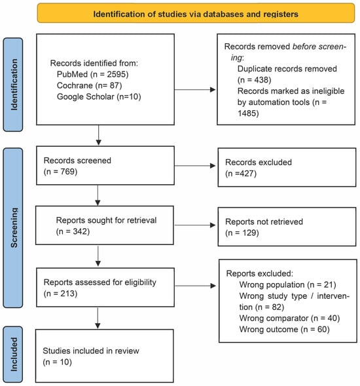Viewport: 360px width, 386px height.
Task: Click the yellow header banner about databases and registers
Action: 196,13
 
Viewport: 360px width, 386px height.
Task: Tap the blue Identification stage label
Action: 13,85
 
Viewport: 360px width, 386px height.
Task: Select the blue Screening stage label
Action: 13,227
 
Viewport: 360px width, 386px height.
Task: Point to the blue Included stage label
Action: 13,354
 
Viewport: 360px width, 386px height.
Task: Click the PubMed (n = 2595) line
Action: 92,74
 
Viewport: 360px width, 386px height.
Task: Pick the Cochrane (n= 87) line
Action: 89,85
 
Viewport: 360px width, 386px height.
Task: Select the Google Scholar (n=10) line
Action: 99,96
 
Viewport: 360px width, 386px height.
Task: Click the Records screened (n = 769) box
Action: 105,165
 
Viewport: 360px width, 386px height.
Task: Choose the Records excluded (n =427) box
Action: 287,167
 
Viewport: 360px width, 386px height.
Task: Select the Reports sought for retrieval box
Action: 105,225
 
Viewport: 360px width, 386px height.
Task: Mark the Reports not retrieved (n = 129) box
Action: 287,227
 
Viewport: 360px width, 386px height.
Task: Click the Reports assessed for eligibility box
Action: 105,287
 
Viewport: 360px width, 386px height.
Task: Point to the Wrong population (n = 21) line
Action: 288,285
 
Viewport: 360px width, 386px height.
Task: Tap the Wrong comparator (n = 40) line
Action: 289,318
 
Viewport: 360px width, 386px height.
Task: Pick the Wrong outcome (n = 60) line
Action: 285,330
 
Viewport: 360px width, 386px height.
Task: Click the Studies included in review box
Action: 105,356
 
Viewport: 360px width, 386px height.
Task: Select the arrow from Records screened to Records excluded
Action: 195,166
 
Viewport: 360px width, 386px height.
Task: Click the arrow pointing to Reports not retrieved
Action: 195,225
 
